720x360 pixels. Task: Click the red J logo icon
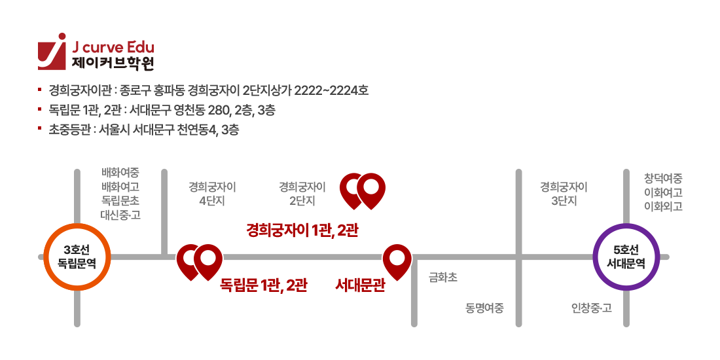52,52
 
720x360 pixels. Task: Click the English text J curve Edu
113,48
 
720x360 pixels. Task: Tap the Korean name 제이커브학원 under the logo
113,63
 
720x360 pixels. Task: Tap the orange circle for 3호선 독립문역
77,257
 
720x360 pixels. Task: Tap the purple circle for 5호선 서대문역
626,257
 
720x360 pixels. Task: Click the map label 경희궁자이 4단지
212,194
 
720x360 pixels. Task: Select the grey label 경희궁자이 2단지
302,194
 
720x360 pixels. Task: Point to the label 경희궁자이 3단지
564,194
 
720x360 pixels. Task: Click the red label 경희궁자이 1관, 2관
302,230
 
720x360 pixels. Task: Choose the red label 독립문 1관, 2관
263,285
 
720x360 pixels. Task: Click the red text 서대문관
359,285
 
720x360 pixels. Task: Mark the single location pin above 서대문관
397,261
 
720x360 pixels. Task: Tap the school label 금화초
442,278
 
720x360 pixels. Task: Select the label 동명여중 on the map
485,308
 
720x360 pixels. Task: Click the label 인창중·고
591,308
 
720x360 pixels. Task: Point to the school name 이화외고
663,206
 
